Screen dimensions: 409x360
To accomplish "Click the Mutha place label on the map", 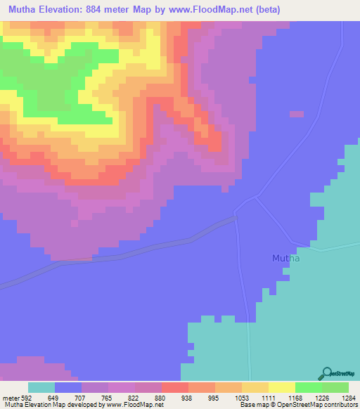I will click(x=285, y=259).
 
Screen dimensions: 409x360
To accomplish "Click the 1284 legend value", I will click(x=349, y=397).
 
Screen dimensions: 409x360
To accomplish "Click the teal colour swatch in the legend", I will click(x=41, y=387).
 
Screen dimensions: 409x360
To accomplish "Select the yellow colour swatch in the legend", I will click(x=281, y=387).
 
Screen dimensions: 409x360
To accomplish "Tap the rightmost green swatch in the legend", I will click(x=335, y=387).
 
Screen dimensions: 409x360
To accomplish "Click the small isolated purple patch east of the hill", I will click(x=297, y=114).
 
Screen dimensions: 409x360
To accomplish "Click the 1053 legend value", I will click(x=241, y=397).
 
